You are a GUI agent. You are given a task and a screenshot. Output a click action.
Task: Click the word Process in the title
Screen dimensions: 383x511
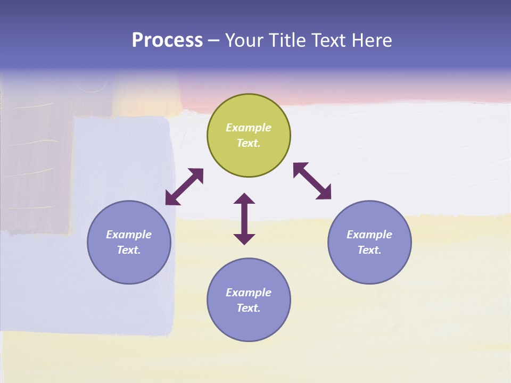pyautogui.click(x=167, y=40)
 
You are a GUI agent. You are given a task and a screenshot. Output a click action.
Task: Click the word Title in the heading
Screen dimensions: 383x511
pyautogui.click(x=286, y=40)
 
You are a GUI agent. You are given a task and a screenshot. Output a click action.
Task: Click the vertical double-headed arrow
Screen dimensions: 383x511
pyautogui.click(x=244, y=219)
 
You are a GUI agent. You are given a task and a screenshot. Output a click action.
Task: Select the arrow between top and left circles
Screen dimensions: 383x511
pyautogui.click(x=184, y=187)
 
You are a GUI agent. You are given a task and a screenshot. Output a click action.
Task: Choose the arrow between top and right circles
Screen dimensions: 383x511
pyautogui.click(x=312, y=181)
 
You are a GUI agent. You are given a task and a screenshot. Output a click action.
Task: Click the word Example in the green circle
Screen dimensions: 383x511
pyautogui.click(x=249, y=128)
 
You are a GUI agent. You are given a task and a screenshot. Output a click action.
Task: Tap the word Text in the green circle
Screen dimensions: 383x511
pyautogui.click(x=249, y=143)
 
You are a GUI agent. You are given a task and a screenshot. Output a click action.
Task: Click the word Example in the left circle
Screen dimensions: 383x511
pyautogui.click(x=129, y=235)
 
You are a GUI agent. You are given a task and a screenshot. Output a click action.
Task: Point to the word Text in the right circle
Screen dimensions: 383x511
pyautogui.click(x=369, y=250)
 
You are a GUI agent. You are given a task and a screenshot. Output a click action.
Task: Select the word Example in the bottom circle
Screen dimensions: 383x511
pyautogui.click(x=249, y=293)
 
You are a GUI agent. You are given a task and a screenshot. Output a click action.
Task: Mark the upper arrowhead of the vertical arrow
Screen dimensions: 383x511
pyautogui.click(x=244, y=198)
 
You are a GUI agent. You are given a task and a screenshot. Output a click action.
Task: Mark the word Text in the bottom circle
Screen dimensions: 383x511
pyautogui.click(x=249, y=308)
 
